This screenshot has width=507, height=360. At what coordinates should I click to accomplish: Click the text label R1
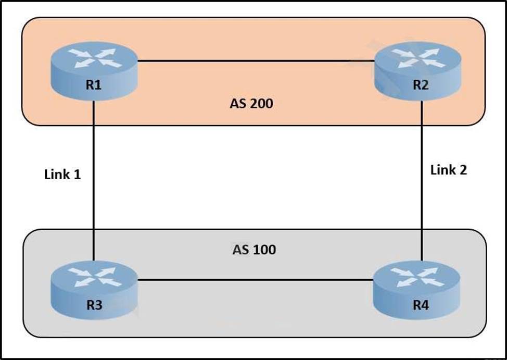click(x=94, y=85)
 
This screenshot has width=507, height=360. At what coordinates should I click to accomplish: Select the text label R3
click(x=94, y=305)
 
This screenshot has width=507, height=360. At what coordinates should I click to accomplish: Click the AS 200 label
click(x=251, y=104)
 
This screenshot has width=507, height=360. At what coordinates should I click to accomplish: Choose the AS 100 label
click(x=254, y=250)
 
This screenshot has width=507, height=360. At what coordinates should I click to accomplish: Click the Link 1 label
click(x=62, y=175)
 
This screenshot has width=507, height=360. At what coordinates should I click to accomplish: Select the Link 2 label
click(x=449, y=170)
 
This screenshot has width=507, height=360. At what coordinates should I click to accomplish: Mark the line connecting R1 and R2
click(x=255, y=61)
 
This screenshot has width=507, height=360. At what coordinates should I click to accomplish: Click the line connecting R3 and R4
click(x=255, y=280)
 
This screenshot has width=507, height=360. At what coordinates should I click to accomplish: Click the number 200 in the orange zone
click(x=262, y=104)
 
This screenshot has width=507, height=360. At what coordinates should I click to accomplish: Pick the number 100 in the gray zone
click(x=264, y=250)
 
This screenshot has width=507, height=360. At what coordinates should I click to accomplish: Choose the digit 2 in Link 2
click(x=463, y=170)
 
